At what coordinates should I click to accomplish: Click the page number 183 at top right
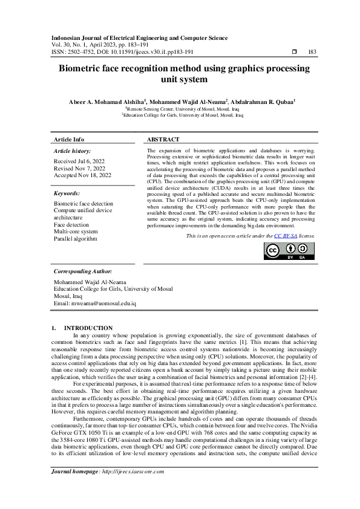coord(312,52)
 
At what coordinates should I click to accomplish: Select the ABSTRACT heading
coord(163,139)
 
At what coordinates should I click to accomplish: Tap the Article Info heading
coord(69,139)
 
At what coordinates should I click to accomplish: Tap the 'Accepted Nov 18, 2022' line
coord(82,175)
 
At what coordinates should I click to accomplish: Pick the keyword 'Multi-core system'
coord(76,231)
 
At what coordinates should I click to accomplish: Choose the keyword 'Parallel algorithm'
coord(76,238)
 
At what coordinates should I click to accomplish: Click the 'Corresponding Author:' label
coord(82,271)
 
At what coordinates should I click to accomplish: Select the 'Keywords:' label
coord(67,193)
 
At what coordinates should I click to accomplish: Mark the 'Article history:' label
coord(73,150)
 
